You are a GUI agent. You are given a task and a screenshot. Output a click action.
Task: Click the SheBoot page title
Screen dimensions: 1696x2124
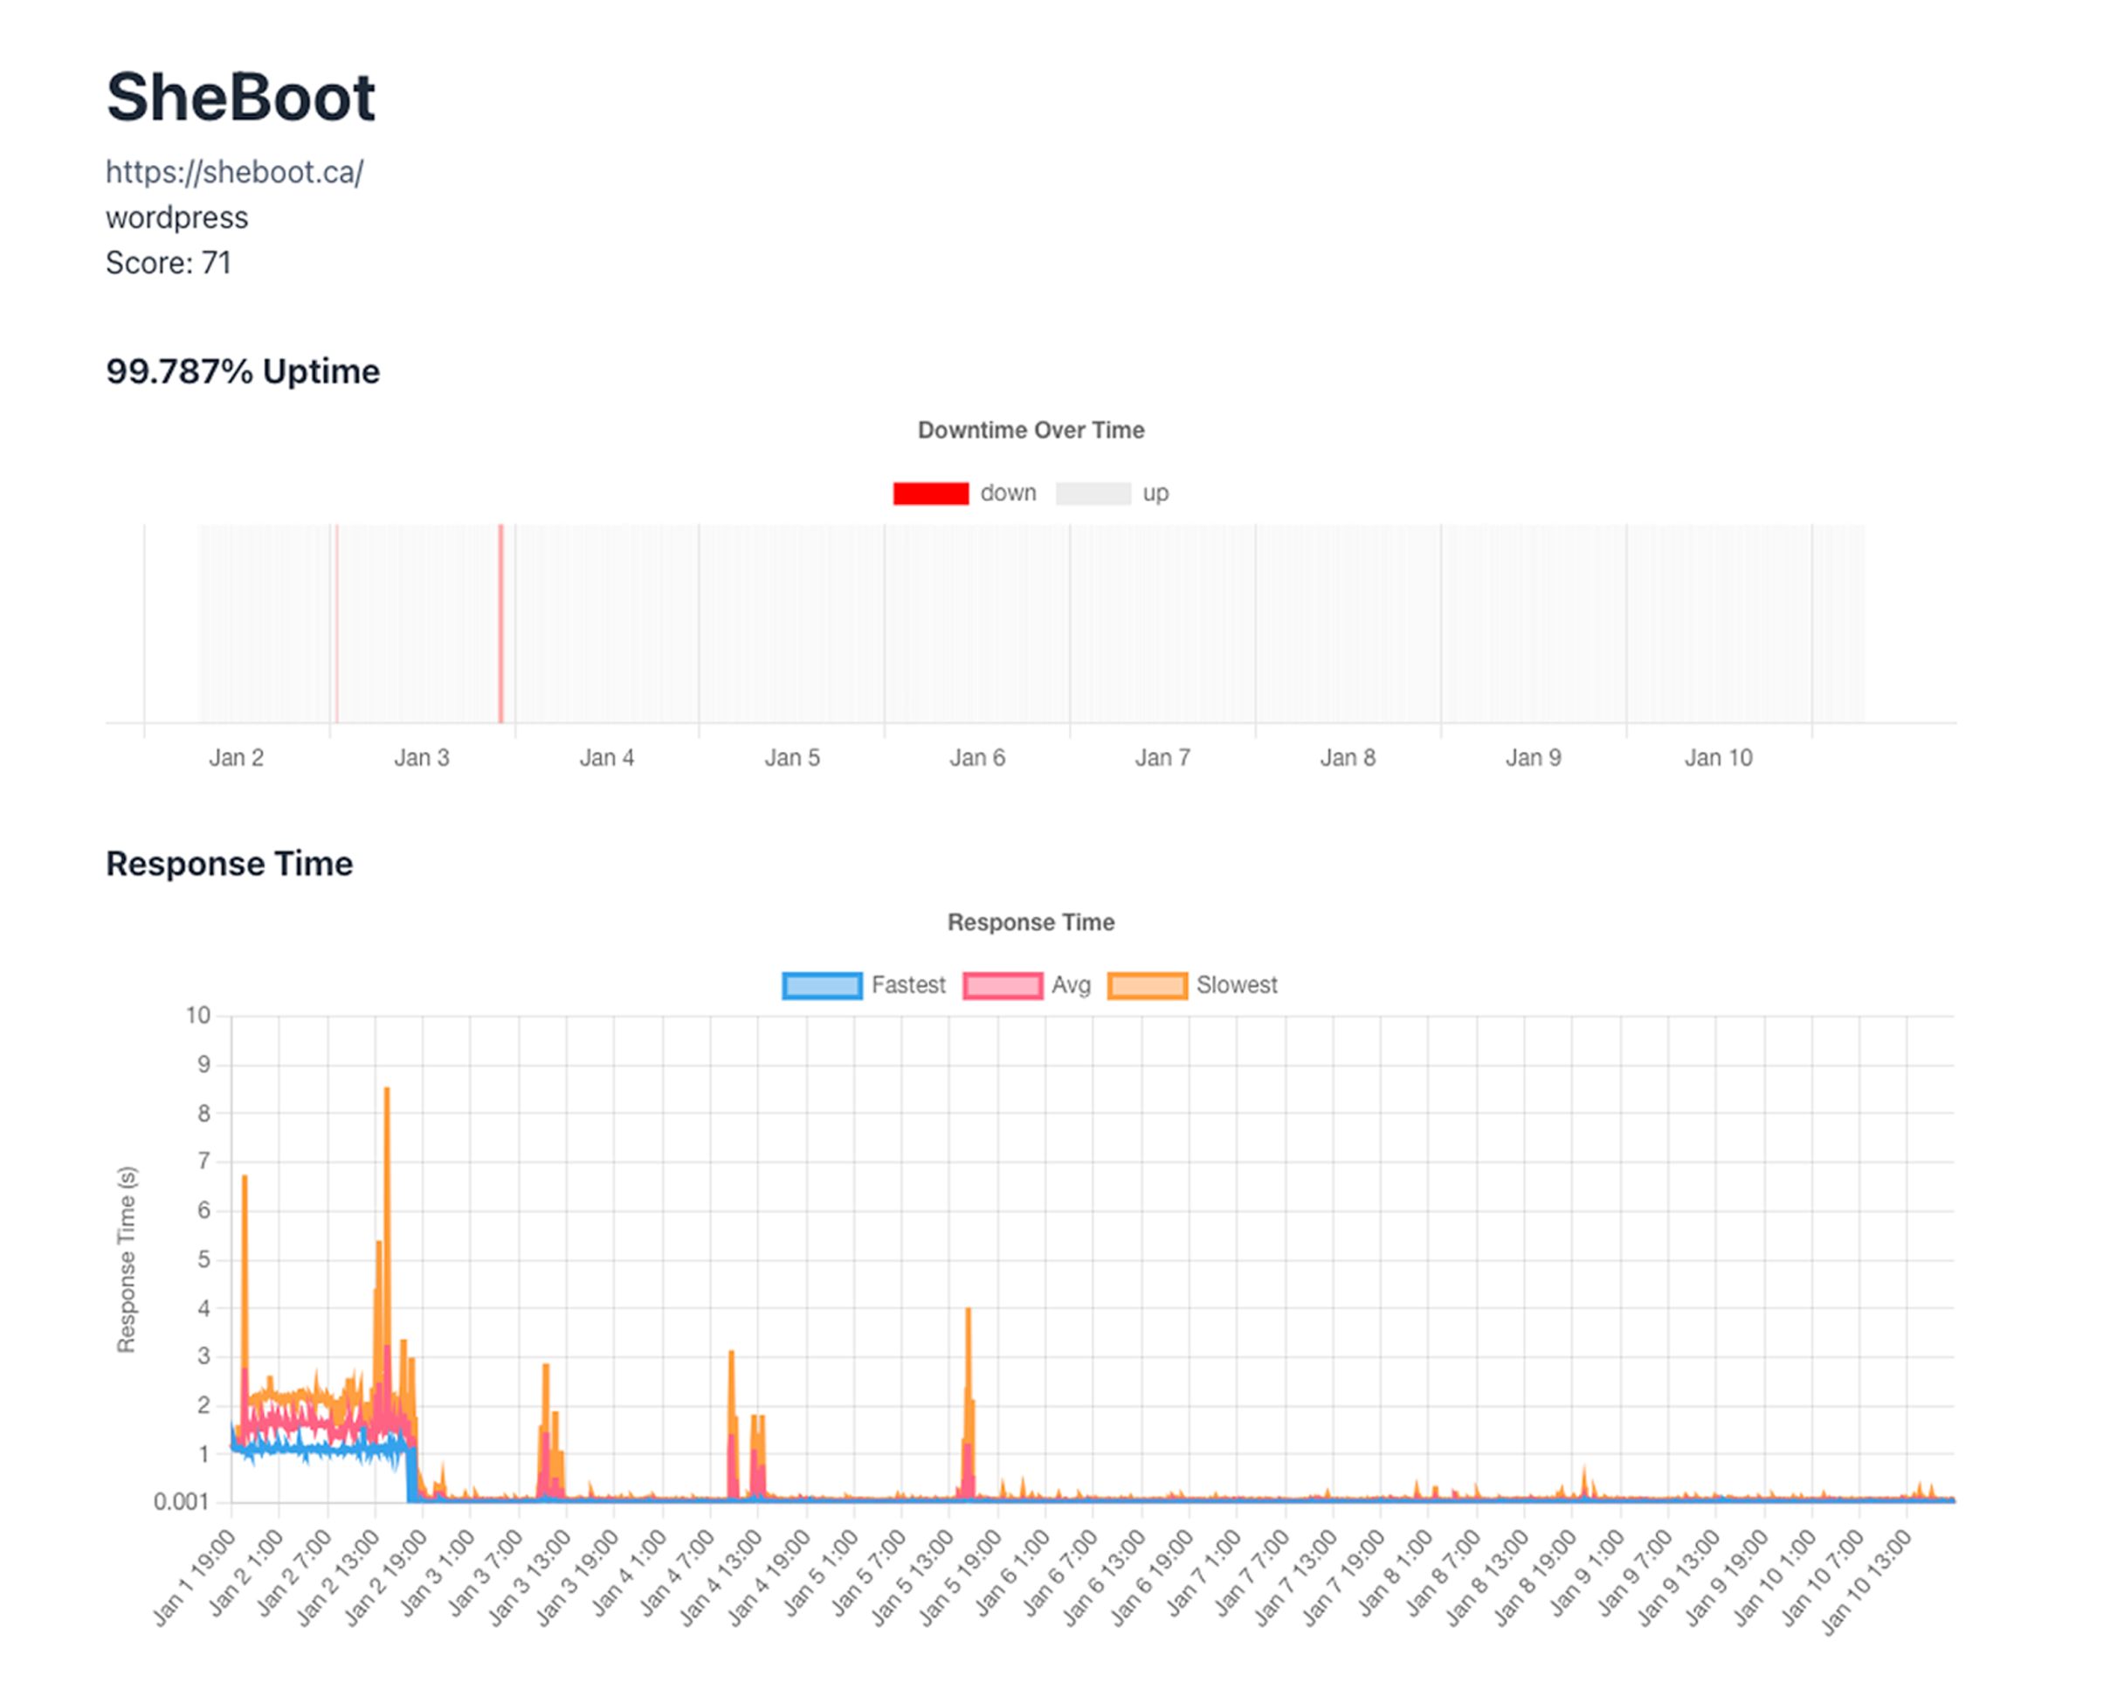tap(240, 98)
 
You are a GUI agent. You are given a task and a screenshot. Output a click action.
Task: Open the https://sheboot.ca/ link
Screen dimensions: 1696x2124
tap(234, 172)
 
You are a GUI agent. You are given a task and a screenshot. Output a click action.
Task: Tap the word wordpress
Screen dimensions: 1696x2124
tap(176, 217)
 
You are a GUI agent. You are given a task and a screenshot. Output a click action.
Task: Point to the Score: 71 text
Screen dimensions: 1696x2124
tap(169, 263)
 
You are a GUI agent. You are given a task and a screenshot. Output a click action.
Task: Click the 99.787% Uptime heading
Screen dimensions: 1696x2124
tap(242, 371)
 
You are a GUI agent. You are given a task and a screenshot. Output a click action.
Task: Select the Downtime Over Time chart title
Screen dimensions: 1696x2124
tap(1031, 431)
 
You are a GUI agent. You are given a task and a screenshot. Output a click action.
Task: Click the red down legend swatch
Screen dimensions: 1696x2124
tap(930, 493)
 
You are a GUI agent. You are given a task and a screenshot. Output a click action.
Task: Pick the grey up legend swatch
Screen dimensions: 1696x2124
tap(1093, 493)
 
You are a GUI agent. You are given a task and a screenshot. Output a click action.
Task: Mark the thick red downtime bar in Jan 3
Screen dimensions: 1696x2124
tap(500, 624)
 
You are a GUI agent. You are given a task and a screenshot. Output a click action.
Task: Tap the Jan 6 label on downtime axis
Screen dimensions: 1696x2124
tap(976, 757)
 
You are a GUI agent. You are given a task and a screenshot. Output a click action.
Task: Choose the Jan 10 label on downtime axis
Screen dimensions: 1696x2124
tap(1718, 757)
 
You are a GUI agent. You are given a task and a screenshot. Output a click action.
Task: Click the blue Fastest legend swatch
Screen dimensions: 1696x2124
tap(822, 986)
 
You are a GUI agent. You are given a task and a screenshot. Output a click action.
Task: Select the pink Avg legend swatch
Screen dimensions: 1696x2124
tap(1002, 986)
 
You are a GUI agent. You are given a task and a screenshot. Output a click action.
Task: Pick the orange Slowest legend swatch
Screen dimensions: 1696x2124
tap(1147, 986)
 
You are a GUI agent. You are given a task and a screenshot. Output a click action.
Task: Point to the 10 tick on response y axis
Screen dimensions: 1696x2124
tap(198, 1016)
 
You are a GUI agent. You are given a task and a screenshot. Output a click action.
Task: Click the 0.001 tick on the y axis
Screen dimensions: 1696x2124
tap(182, 1502)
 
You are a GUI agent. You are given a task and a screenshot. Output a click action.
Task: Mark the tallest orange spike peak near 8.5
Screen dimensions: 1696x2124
tap(387, 1090)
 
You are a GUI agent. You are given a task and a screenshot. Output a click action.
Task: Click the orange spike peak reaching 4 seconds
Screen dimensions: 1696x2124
tap(969, 1311)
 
